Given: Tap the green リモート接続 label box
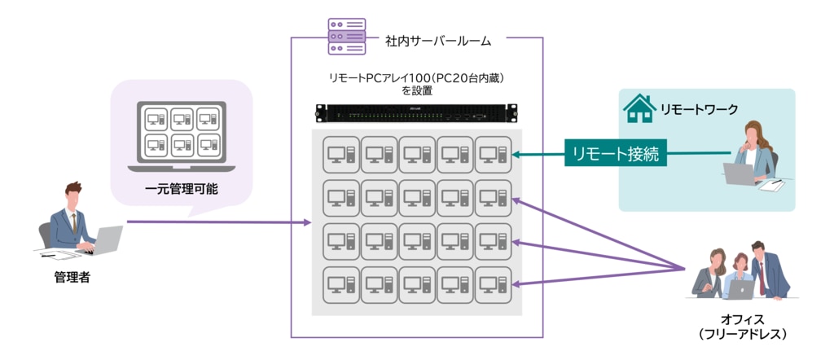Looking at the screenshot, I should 616,152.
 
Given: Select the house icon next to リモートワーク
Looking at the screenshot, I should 639,108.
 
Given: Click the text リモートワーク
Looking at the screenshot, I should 699,109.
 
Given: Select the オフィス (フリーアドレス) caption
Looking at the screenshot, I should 742,327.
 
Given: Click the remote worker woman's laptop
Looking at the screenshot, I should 741,173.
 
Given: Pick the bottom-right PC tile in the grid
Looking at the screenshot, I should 494,284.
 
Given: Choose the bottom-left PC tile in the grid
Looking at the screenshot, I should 342,284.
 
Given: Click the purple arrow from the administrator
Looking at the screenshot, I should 220,222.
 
